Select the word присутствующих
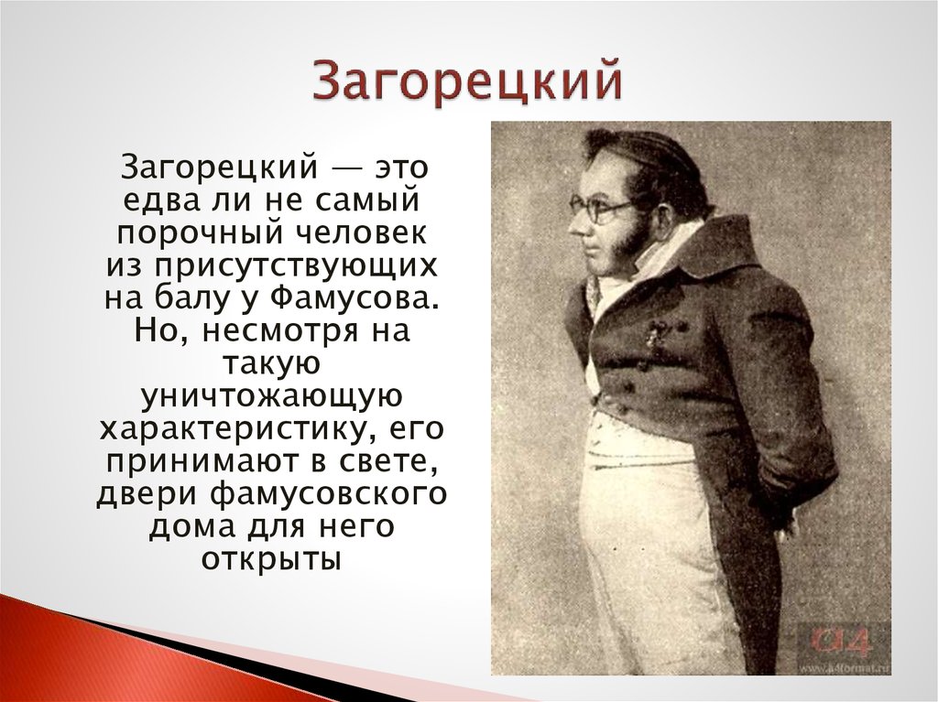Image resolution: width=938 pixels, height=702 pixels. pyautogui.click(x=297, y=265)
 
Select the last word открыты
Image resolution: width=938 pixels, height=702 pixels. pyautogui.click(x=271, y=560)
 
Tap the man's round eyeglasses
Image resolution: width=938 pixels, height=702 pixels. pyautogui.click(x=598, y=208)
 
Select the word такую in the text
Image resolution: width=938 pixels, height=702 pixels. pyautogui.click(x=272, y=364)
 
